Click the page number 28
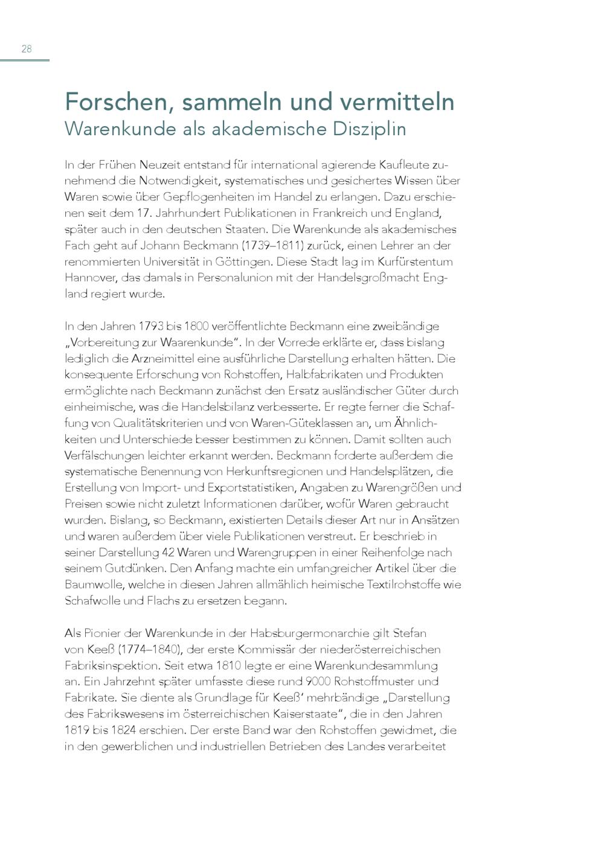click(27, 49)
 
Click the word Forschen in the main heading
click(112, 102)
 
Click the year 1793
click(150, 327)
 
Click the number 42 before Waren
click(169, 553)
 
